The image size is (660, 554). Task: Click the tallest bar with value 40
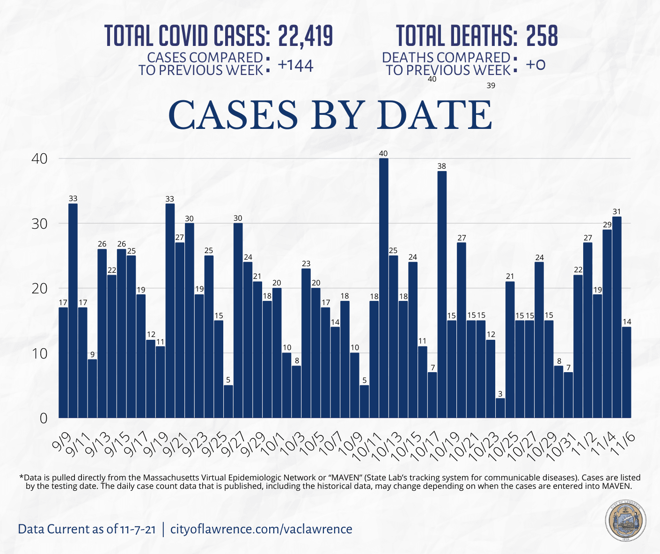click(383, 288)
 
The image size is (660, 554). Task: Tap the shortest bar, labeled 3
click(500, 408)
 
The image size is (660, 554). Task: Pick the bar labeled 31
click(617, 317)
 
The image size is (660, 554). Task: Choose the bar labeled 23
click(306, 343)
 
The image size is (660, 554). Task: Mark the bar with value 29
click(607, 323)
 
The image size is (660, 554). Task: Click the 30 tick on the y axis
click(40, 224)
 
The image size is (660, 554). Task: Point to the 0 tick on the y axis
click(44, 418)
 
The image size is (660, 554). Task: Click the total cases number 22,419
click(305, 36)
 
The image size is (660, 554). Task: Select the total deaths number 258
click(542, 36)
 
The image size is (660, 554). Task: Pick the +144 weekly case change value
click(295, 66)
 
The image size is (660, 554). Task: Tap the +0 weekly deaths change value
click(535, 65)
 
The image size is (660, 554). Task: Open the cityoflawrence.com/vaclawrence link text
click(261, 529)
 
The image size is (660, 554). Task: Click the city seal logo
click(625, 522)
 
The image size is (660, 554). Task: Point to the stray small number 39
click(491, 86)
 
